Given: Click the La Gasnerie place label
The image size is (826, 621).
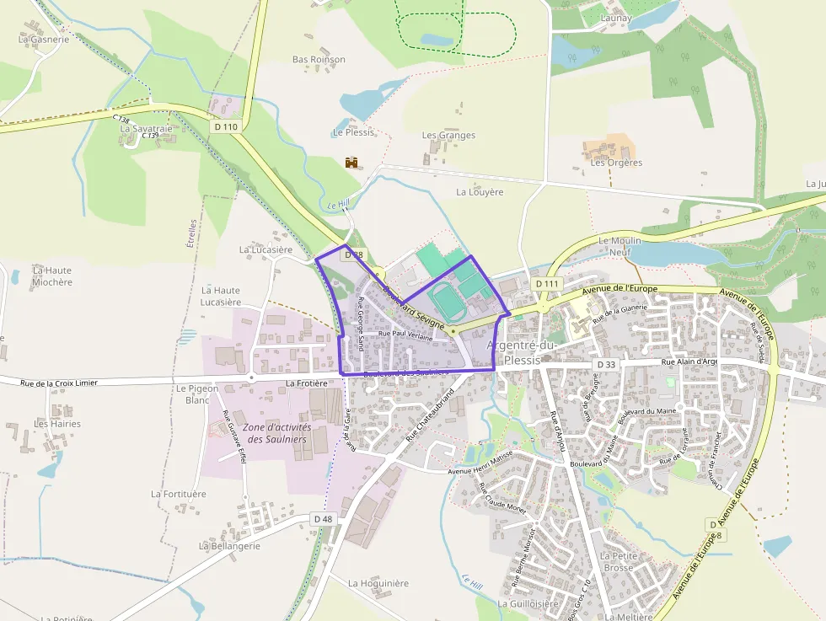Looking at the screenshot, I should [44, 39].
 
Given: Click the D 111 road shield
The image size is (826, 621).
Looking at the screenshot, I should [547, 284].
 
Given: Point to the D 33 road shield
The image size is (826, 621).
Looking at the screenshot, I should [606, 364].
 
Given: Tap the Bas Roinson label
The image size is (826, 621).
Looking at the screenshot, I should [319, 60].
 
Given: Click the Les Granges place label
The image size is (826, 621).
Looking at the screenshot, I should [448, 135].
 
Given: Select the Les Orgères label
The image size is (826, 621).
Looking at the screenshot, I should [615, 163].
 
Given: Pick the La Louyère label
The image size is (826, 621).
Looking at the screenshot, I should [480, 191].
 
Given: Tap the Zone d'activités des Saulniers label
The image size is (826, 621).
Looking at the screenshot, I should [276, 433].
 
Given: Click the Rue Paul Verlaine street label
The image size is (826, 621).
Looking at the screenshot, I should [405, 335].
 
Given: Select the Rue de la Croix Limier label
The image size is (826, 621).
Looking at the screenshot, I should [59, 383].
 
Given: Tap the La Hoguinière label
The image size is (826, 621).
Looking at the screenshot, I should [378, 583].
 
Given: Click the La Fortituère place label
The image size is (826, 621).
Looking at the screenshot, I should [179, 494].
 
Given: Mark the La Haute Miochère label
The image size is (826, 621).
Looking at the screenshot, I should [52, 276].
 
